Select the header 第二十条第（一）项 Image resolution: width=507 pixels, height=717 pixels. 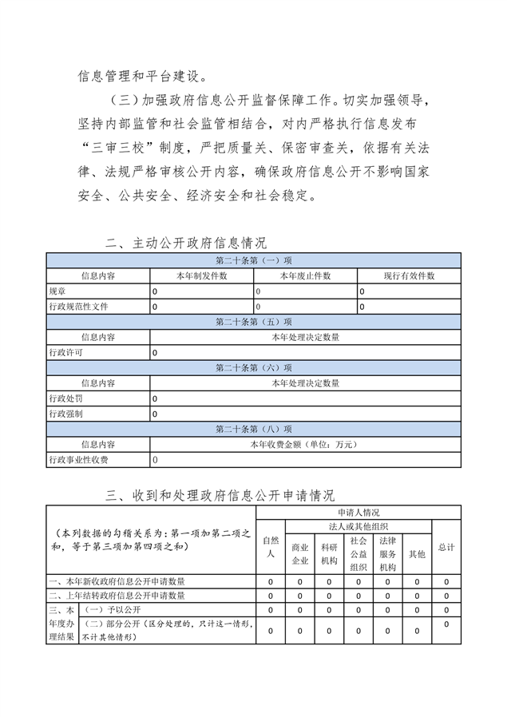253,260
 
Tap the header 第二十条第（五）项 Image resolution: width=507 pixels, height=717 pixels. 253,322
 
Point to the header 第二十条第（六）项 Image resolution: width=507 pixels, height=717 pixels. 253,368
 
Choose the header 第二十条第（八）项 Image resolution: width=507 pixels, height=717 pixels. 253,429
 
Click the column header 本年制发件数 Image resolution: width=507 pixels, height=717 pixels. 202,275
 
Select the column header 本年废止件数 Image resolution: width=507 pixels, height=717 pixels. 305,275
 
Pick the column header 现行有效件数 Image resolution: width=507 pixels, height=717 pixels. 409,275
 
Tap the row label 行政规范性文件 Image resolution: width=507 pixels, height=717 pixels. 78,307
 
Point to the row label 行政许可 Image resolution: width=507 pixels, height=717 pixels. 65,352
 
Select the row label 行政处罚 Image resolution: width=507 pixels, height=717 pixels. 65,398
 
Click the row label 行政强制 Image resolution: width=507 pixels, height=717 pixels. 65,414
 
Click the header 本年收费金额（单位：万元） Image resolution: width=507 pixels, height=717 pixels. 305,444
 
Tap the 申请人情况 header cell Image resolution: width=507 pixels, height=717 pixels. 358,512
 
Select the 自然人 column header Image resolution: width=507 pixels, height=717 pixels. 271,547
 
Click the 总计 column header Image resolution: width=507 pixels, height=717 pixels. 446,547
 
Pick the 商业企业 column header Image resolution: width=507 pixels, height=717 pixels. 300,554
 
